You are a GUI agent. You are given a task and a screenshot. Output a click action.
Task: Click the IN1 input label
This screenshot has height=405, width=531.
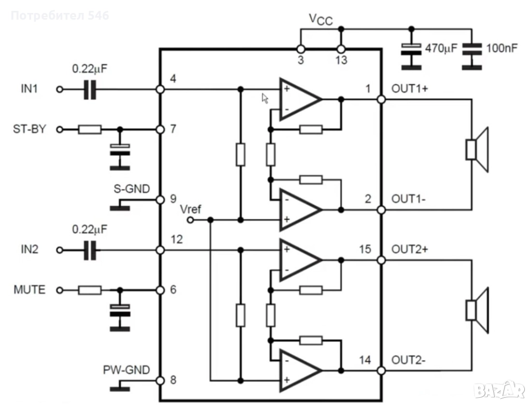coord(29,89)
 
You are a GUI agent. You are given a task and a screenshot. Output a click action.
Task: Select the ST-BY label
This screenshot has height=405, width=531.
coord(30,129)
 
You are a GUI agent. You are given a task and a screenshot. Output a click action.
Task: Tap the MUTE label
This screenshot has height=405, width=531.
coord(29,289)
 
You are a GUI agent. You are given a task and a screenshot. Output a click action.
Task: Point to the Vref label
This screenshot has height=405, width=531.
coord(190,209)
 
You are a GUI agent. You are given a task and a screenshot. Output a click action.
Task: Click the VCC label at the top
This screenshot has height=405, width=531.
coord(321,19)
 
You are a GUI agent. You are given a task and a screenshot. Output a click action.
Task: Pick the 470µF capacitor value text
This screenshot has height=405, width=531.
coord(441,49)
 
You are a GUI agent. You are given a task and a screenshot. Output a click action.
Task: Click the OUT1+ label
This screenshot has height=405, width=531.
coord(410,89)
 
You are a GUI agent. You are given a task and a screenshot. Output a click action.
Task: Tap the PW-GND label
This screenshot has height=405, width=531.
coord(126,370)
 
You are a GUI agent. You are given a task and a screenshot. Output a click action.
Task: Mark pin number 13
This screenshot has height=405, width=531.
coord(341,60)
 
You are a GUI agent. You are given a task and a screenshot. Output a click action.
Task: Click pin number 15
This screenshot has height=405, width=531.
coord(365,249)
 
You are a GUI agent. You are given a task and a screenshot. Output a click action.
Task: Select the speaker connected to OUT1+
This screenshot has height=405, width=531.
coord(477,149)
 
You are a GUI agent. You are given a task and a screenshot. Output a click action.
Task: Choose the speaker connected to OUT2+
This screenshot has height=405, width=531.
coord(477,310)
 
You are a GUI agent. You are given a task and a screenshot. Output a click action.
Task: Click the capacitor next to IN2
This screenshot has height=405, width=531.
coord(90,250)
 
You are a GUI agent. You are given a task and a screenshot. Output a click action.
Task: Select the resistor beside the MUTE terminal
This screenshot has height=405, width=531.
coord(90,290)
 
